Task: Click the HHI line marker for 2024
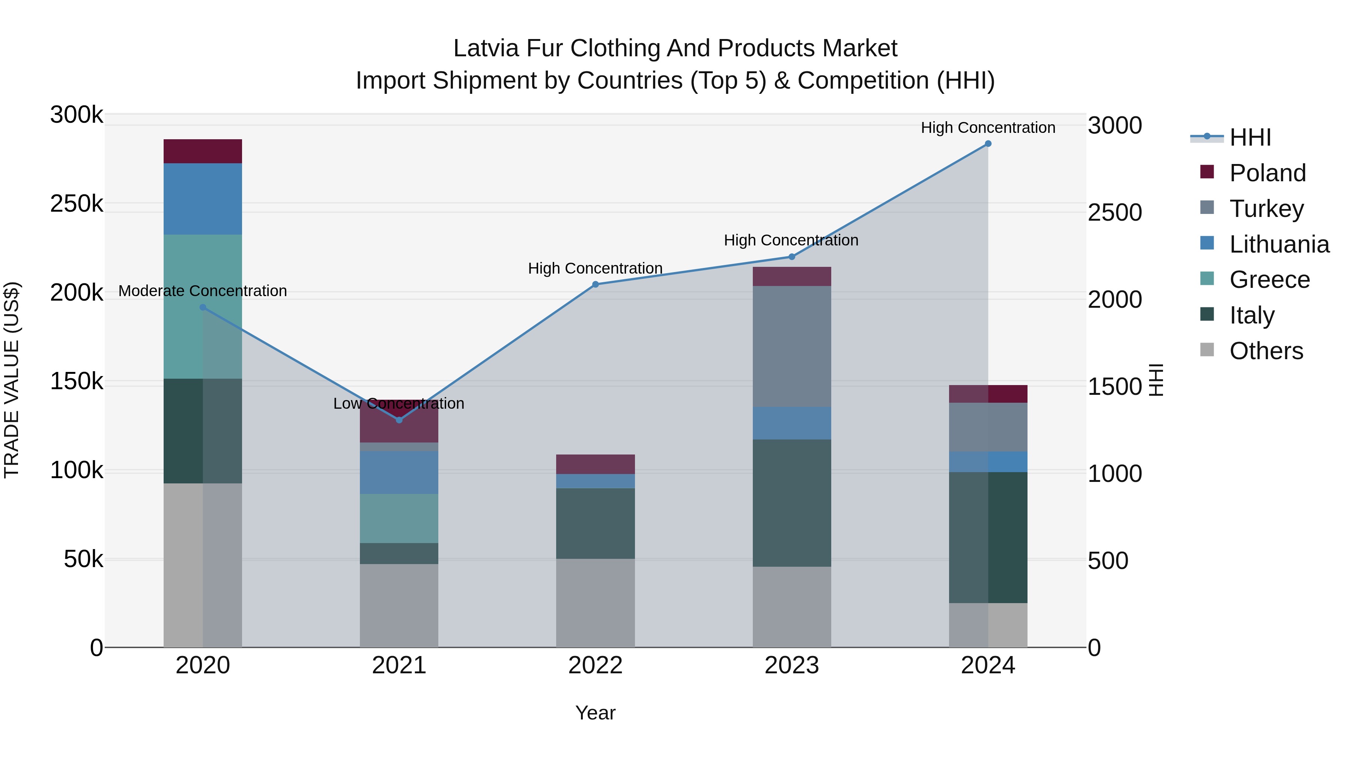[988, 144]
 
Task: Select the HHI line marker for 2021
[399, 420]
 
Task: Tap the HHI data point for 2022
[595, 284]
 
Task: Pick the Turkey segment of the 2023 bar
[791, 346]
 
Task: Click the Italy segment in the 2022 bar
[595, 524]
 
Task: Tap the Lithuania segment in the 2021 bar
[399, 472]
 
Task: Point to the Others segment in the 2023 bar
[791, 607]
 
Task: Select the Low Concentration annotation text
[399, 403]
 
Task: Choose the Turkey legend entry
[1266, 209]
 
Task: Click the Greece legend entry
[1269, 280]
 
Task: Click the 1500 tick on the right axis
[1115, 387]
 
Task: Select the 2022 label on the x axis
[595, 665]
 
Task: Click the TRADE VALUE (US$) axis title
[12, 380]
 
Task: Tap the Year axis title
[595, 713]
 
